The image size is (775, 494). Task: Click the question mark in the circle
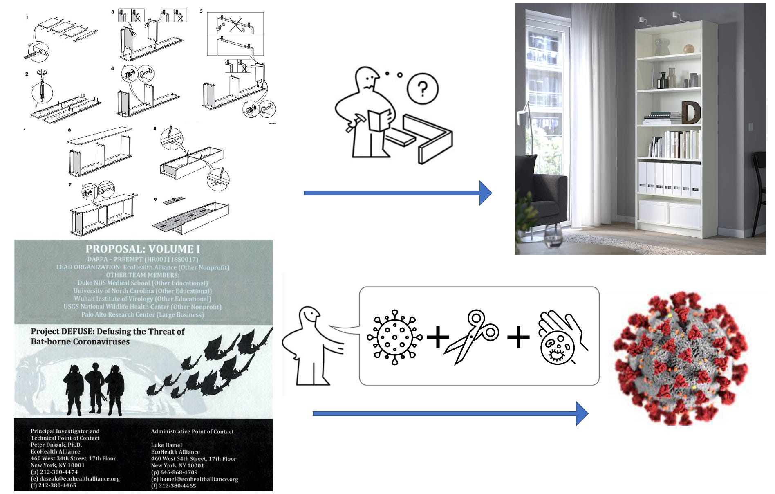pos(423,88)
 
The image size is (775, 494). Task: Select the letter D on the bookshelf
pos(691,112)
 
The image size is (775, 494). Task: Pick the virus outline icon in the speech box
pos(394,337)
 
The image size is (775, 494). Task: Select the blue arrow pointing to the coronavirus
pos(450,413)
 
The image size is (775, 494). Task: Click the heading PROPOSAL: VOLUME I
pos(143,249)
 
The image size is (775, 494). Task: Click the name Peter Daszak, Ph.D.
pos(56,445)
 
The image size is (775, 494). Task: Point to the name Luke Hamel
pos(166,445)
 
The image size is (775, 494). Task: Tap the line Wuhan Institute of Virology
pos(142,299)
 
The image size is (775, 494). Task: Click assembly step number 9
pos(155,200)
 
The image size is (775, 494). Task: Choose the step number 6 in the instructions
pos(69,130)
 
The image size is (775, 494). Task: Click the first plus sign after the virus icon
pos(438,337)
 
